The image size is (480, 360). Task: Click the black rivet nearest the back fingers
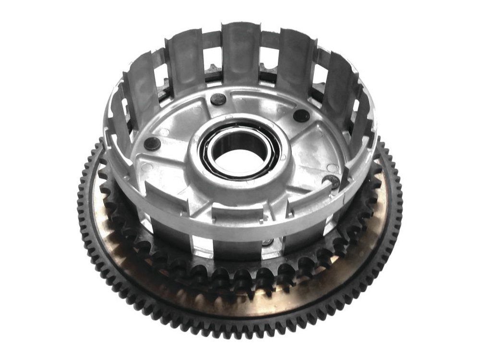218,100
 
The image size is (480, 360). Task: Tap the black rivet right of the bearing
301,116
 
